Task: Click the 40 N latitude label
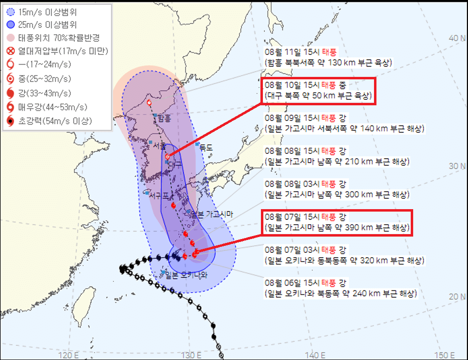457,39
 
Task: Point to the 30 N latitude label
457,166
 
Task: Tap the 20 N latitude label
457,297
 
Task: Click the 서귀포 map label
161,194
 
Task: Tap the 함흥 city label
164,118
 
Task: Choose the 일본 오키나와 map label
187,275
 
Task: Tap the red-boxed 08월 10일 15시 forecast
317,91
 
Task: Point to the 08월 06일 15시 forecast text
340,288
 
